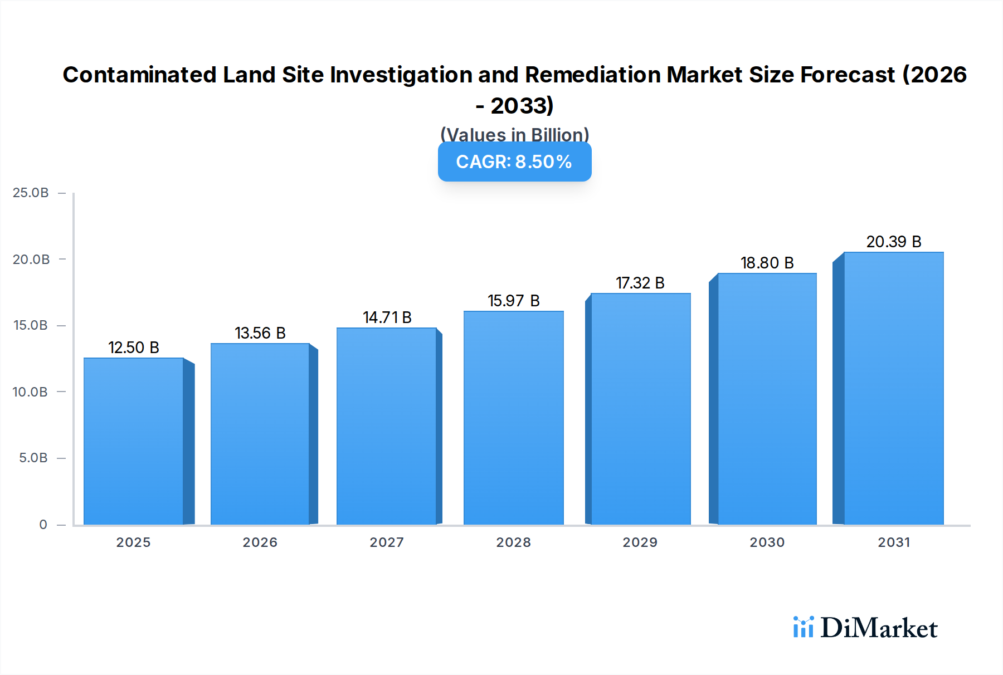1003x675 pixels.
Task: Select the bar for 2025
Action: tap(134, 441)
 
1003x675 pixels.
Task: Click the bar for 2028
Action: tap(513, 418)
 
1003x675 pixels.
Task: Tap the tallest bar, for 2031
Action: tap(894, 388)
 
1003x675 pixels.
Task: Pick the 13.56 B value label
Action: tap(260, 333)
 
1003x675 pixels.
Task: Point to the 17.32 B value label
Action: tap(640, 283)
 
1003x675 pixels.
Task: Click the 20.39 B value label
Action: tap(894, 242)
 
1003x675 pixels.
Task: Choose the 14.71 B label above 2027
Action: tap(387, 317)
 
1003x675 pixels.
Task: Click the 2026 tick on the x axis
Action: tap(260, 542)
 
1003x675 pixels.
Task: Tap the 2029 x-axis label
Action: tap(640, 542)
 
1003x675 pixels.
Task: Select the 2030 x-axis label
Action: tap(767, 542)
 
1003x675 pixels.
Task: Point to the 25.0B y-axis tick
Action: tap(31, 193)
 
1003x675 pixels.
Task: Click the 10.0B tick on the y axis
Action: tap(31, 392)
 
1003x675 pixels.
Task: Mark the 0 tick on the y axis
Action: tap(43, 525)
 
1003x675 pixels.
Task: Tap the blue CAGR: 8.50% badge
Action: tap(514, 162)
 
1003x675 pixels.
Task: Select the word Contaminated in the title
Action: tap(139, 75)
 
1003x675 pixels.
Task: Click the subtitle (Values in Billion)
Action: tap(514, 134)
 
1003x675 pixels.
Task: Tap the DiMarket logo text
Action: tap(879, 628)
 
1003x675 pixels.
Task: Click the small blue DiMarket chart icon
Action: tap(803, 627)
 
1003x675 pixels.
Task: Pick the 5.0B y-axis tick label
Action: tap(33, 458)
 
